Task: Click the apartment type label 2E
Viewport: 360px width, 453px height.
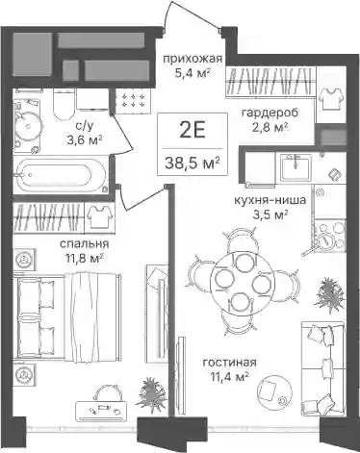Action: click(x=193, y=131)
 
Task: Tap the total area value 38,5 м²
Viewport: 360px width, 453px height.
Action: click(x=193, y=164)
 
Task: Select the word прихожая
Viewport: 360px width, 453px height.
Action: click(x=193, y=59)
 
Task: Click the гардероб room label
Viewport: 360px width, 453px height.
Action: click(x=270, y=113)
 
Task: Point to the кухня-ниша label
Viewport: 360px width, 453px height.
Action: click(x=270, y=200)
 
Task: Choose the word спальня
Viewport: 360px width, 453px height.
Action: click(x=85, y=244)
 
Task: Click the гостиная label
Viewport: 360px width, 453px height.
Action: click(x=230, y=363)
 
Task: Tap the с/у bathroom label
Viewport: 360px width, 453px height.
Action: click(x=85, y=126)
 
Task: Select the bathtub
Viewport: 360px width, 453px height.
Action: click(x=61, y=175)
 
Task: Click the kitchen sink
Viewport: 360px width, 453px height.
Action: click(x=296, y=166)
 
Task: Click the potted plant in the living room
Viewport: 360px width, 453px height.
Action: click(x=329, y=291)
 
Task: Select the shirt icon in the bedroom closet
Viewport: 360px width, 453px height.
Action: click(x=100, y=216)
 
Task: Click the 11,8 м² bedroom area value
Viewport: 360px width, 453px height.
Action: click(x=85, y=258)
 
